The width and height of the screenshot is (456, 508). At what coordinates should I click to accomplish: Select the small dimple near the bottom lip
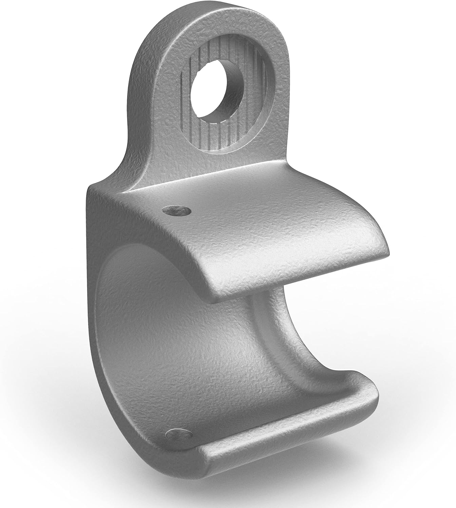178,435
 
